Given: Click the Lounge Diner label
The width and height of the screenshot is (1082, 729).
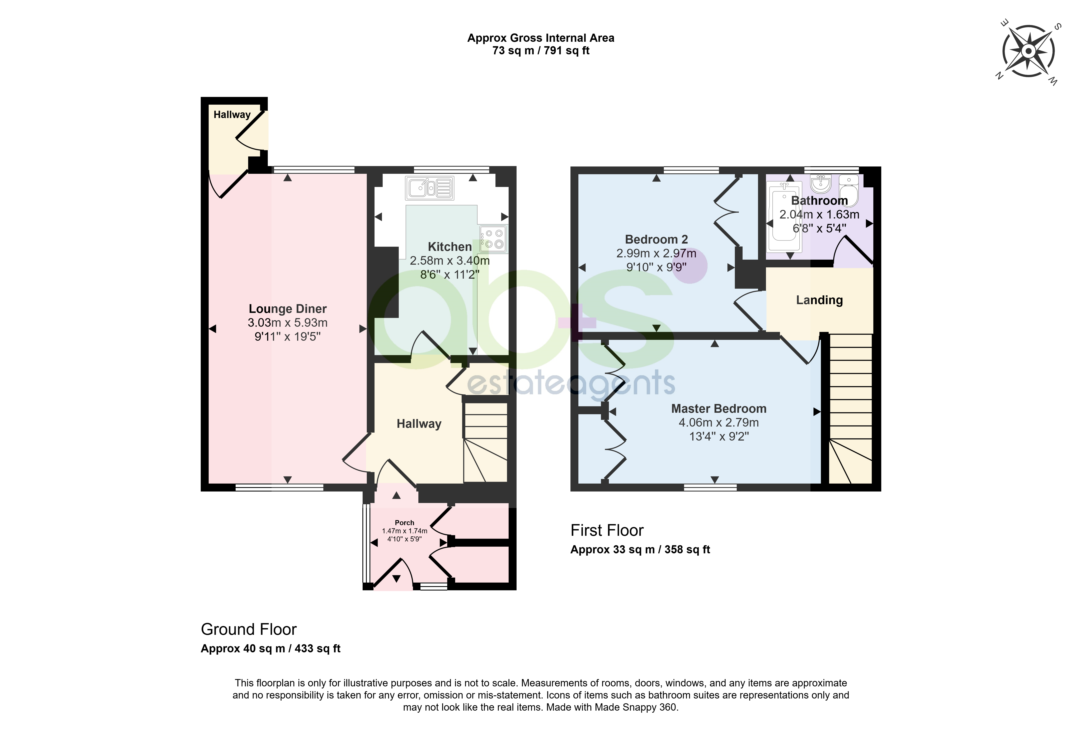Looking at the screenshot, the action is click(288, 309).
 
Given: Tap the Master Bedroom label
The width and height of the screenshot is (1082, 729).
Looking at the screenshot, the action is click(719, 409).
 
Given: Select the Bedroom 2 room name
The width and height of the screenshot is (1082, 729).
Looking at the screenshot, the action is click(656, 239).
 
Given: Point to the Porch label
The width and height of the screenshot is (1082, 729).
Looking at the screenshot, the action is click(404, 523).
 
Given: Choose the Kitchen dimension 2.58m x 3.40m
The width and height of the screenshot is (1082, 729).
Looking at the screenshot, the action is click(450, 261).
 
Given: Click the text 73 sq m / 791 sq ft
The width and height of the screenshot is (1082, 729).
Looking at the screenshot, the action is click(541, 51).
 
